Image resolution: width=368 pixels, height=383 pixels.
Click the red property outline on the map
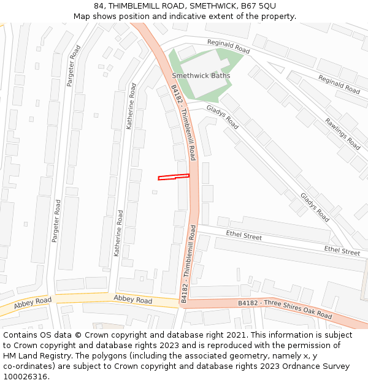point(173,178)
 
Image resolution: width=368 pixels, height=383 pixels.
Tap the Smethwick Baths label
point(201,76)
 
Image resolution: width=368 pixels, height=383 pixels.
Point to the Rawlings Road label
point(343,134)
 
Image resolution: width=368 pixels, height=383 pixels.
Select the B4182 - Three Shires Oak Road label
point(285,309)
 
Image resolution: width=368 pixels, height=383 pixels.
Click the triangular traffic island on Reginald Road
point(275,67)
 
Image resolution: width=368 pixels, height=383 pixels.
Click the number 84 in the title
point(99,6)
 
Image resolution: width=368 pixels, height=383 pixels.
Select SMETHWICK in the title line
point(209,6)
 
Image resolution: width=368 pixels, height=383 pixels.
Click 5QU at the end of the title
point(267,6)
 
